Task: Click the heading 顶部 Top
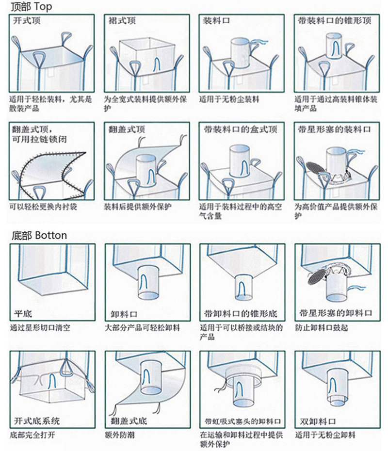[30, 7]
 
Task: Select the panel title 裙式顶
[122, 21]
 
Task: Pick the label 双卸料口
[318, 420]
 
